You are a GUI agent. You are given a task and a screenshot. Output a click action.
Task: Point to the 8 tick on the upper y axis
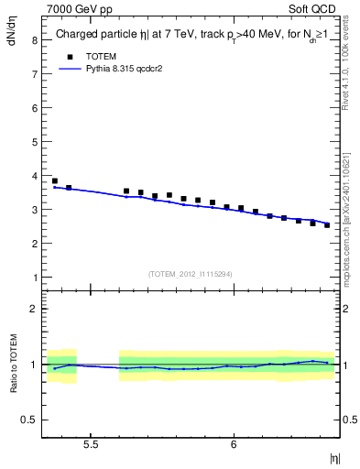[33, 40]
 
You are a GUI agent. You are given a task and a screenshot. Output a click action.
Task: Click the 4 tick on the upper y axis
[33, 176]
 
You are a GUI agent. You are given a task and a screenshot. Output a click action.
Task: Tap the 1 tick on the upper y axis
[33, 278]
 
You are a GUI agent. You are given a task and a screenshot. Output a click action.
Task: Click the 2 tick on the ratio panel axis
[33, 309]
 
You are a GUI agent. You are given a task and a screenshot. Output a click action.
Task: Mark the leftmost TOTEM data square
[55, 181]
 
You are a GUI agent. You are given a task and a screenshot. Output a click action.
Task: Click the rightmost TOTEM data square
[327, 225]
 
